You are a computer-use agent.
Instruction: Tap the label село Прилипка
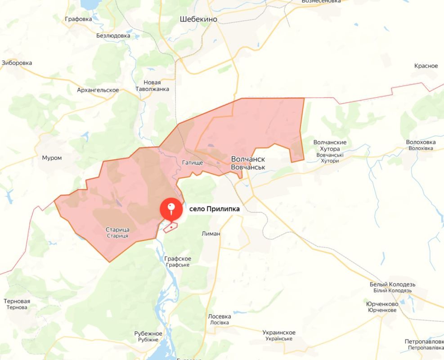pyautogui.click(x=214, y=209)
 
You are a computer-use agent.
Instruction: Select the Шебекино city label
pyautogui.click(x=198, y=19)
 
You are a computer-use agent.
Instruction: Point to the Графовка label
pyautogui.click(x=78, y=19)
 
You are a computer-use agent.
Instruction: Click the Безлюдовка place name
pyautogui.click(x=113, y=36)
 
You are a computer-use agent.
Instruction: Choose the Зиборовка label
pyautogui.click(x=17, y=63)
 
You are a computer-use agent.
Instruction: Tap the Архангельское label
pyautogui.click(x=98, y=90)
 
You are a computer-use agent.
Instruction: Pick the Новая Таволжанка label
pyautogui.click(x=152, y=85)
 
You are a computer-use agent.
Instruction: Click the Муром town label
pyautogui.click(x=52, y=158)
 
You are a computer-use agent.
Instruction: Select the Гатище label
pyautogui.click(x=193, y=162)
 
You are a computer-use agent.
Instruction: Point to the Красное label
pyautogui.click(x=426, y=66)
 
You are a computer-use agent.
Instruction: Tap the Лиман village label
pyautogui.click(x=211, y=234)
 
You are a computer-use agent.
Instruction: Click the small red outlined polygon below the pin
pyautogui.click(x=170, y=228)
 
